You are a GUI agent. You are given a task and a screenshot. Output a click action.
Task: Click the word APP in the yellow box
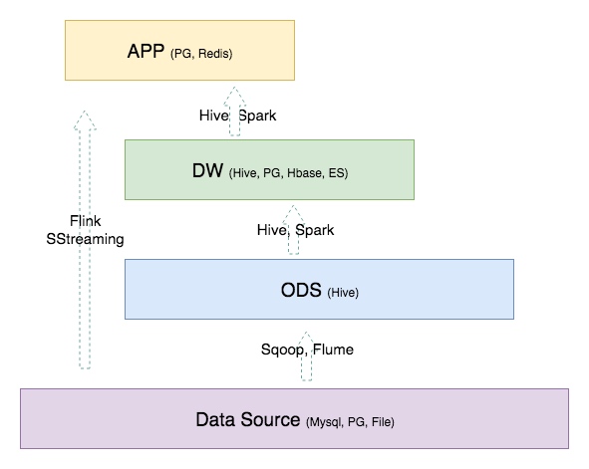coord(146,51)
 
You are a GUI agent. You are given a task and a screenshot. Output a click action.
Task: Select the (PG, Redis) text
coord(201,54)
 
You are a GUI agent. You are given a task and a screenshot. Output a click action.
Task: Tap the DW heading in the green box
coord(207,170)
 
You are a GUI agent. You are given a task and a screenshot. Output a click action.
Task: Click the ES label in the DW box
coord(336,173)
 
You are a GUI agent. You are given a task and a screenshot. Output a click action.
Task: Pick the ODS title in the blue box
coord(301,290)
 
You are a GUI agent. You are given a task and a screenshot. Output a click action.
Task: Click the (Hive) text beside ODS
coord(343,293)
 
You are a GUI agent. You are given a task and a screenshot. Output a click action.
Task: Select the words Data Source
coord(248,419)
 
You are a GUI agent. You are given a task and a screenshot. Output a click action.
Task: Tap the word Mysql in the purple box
coord(326,422)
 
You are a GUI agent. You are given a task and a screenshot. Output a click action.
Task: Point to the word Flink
coord(86,221)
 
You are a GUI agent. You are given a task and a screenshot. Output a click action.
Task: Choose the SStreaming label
coord(85,239)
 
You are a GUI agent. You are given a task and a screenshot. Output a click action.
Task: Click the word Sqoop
coord(282,350)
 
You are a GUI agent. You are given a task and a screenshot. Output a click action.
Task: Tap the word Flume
coord(333,350)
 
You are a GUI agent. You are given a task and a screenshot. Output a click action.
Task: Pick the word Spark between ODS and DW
coord(314,230)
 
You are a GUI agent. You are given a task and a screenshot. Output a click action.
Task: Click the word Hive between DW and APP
coord(213,116)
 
